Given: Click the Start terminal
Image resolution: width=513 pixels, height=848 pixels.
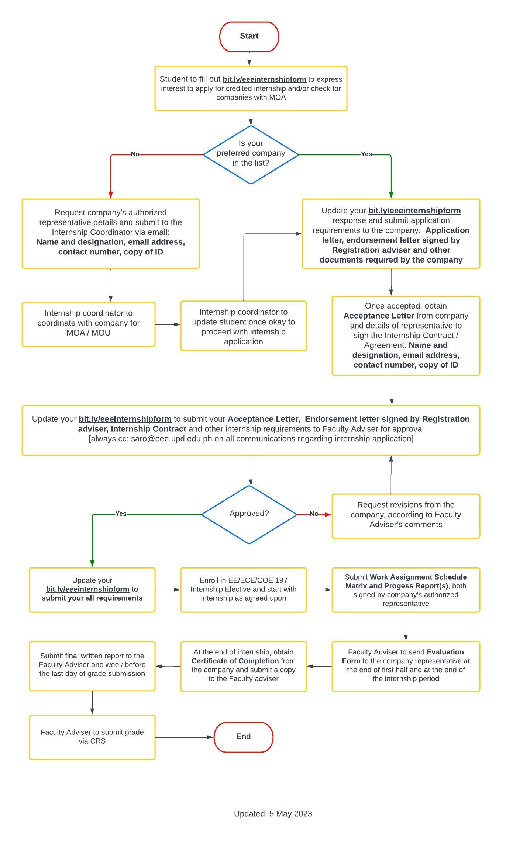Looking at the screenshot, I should pos(249,37).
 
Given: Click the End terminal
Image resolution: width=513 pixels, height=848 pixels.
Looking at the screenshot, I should pos(243,737).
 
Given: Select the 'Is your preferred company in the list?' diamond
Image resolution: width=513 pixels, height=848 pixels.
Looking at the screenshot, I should pos(251,154).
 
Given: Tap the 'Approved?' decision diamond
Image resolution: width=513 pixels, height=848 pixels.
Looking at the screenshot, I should pos(249,514).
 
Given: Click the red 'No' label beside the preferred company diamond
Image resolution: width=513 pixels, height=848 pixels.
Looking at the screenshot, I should pos(135,154).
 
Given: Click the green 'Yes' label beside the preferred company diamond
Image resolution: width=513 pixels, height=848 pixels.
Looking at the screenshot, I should pos(366,154).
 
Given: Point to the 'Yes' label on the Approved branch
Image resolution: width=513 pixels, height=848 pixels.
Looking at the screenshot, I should pos(121,514).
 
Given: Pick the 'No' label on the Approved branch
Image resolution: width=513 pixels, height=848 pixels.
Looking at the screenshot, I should pos(314,514).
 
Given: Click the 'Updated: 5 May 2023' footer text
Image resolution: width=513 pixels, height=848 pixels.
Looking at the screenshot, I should pos(273,814).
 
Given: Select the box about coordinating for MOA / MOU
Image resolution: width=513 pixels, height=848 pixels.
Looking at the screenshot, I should pos(89,324).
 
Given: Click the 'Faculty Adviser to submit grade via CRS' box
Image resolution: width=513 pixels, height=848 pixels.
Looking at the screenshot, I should pos(92,737).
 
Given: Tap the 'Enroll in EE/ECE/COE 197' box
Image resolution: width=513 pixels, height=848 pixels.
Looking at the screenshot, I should pos(243,590).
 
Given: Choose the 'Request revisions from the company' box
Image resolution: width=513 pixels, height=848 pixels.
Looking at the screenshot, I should pos(406,516).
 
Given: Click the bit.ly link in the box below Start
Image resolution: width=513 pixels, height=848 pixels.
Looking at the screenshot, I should pos(264,79).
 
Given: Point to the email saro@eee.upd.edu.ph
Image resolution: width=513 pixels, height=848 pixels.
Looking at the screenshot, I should pos(171,439).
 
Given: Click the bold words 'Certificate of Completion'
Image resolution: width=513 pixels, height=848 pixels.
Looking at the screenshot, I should pos(235,661).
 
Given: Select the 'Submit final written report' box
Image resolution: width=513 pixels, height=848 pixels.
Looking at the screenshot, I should pos(92,666).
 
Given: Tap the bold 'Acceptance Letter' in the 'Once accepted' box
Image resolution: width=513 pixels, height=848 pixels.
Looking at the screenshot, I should pos(379,316).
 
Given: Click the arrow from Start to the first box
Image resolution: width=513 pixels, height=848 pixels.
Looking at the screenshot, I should pos(249,59).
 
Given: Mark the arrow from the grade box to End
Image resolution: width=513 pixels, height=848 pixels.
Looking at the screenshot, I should pos(185,737).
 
